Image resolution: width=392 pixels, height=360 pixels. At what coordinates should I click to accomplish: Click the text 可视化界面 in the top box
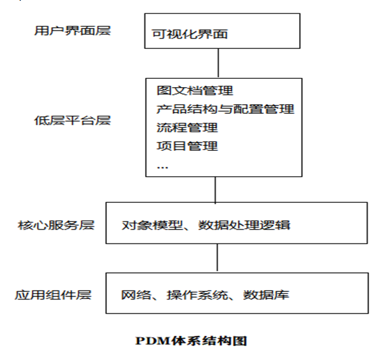tap(190, 34)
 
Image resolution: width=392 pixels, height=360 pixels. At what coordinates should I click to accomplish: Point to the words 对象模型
tap(146, 226)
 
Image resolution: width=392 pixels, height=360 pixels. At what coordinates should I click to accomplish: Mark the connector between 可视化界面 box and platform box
tap(219, 62)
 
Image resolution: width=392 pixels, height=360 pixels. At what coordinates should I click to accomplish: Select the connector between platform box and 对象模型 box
tap(216, 189)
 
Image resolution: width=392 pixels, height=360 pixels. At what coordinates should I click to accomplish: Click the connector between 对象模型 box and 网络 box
tap(218, 259)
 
